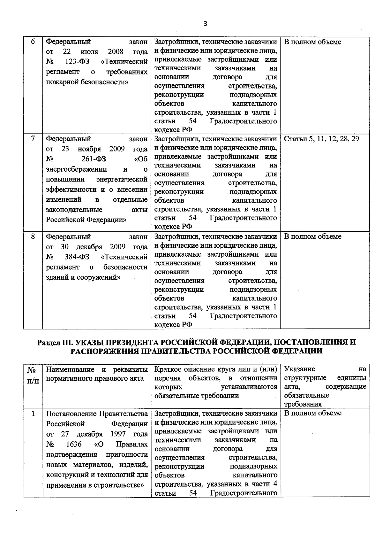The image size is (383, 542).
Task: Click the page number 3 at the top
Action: pyautogui.click(x=206, y=24)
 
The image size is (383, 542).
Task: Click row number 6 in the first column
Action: pyautogui.click(x=33, y=42)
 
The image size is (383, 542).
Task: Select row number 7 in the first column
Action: pyautogui.click(x=33, y=139)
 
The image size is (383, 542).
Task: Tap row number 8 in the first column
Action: pyautogui.click(x=33, y=237)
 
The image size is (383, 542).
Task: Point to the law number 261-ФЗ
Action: pyautogui.click(x=94, y=159)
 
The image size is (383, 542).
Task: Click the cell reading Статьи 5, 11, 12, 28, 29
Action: pyautogui.click(x=321, y=139)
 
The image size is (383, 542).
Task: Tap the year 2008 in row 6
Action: pyautogui.click(x=116, y=52)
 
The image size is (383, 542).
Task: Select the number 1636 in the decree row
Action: pyautogui.click(x=74, y=444)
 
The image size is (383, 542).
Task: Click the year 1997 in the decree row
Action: pyautogui.click(x=118, y=434)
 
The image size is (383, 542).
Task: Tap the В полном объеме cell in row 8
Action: pyautogui.click(x=312, y=237)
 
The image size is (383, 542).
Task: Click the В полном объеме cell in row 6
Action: pyautogui.click(x=312, y=42)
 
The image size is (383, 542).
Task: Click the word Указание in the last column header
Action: pyautogui.click(x=299, y=369)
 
